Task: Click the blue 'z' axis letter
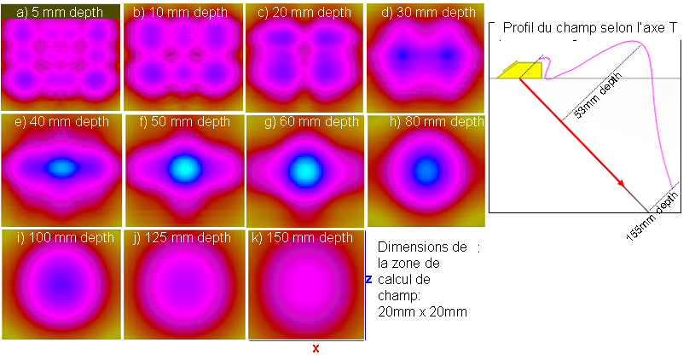click(x=368, y=279)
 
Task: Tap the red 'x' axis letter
click(x=316, y=349)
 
